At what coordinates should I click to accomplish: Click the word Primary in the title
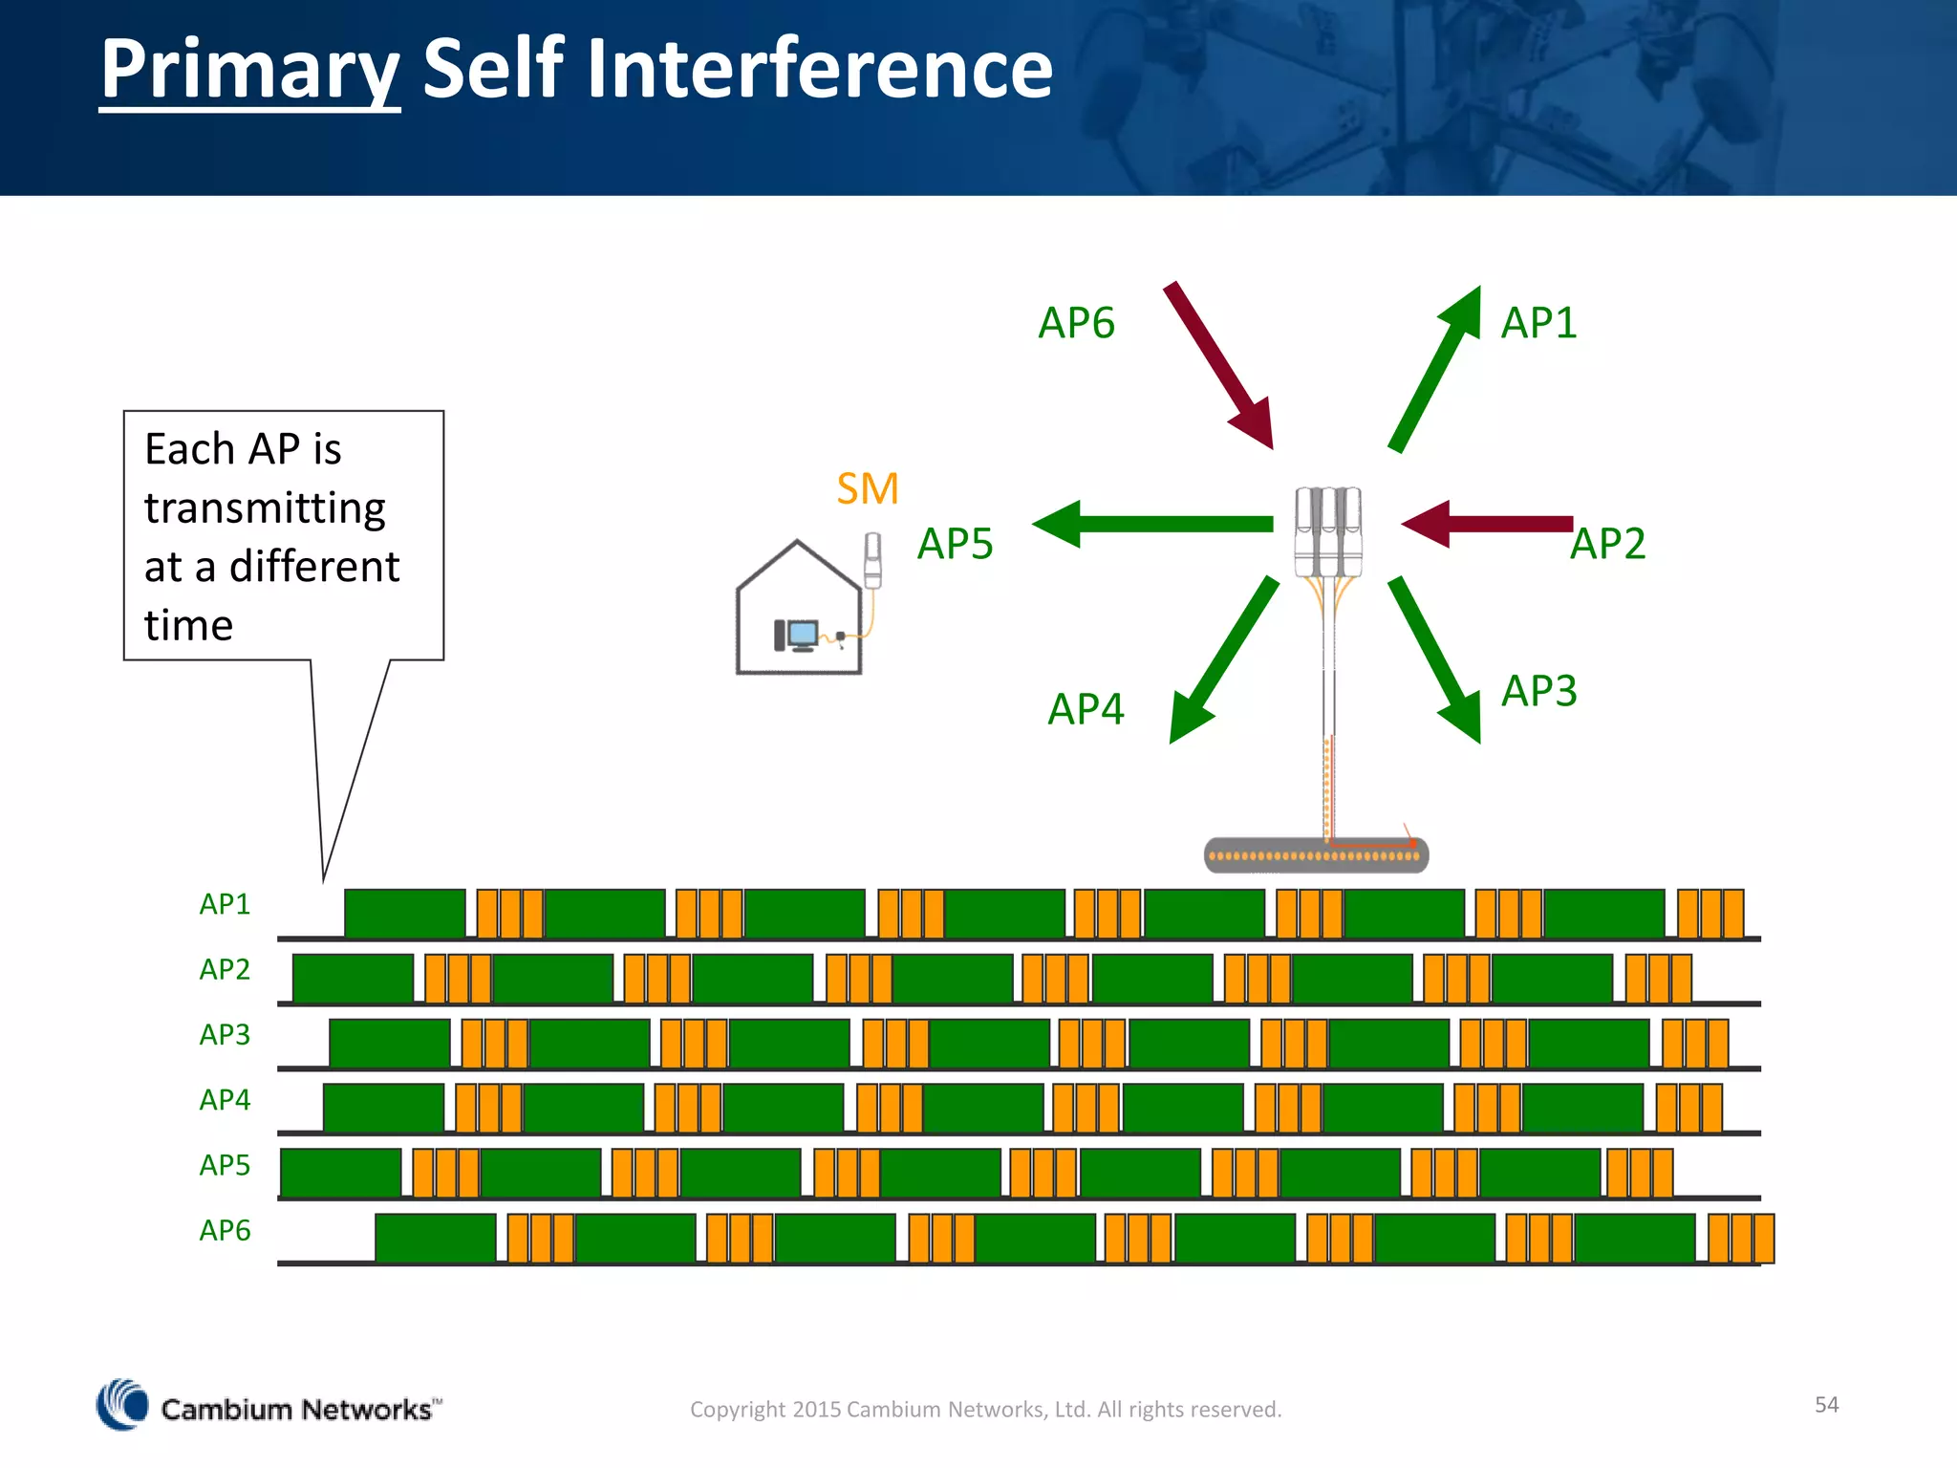[x=249, y=69]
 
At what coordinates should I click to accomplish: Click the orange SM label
[x=867, y=489]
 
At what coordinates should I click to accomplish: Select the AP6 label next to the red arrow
[x=1076, y=323]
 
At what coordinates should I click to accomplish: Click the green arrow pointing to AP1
[x=1434, y=369]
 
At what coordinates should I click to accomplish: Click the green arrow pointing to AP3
[x=1434, y=659]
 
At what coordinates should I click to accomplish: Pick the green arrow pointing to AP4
[x=1224, y=659]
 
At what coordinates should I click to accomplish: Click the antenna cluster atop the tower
[x=1328, y=531]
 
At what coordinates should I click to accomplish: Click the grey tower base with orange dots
[x=1316, y=855]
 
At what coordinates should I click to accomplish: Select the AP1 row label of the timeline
[x=225, y=904]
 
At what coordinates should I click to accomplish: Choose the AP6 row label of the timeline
[x=225, y=1230]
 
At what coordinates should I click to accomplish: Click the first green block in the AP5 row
[x=340, y=1173]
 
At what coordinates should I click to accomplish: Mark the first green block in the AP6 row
[x=435, y=1238]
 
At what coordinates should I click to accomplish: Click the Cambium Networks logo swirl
[x=122, y=1405]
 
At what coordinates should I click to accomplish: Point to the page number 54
[x=1826, y=1404]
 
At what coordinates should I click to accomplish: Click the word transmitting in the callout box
[x=265, y=508]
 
